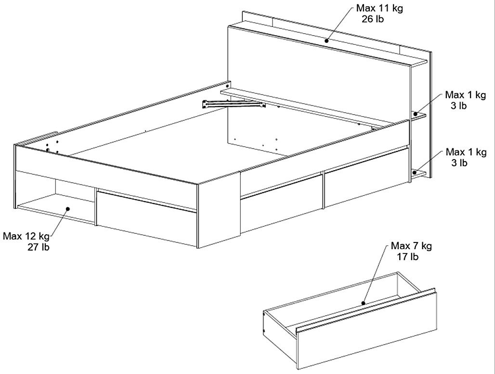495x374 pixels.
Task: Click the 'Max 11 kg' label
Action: [x=379, y=8]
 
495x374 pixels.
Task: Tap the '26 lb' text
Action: [x=373, y=19]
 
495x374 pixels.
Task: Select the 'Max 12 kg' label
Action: [x=26, y=236]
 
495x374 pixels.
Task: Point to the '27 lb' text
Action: [x=39, y=247]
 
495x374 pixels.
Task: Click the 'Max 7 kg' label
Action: [x=411, y=245]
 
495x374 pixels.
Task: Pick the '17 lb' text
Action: [x=407, y=256]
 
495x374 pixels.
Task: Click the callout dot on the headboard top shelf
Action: [x=327, y=41]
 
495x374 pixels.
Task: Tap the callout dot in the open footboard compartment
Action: [x=67, y=209]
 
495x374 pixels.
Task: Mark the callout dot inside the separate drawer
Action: [x=364, y=303]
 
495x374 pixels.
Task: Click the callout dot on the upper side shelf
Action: [x=416, y=114]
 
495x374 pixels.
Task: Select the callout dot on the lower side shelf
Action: [x=415, y=172]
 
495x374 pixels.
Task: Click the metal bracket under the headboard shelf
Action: [x=234, y=104]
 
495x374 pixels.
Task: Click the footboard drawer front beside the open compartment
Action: [x=146, y=218]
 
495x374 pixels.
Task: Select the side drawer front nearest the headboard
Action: [x=367, y=183]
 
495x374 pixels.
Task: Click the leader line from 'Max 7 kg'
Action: [x=375, y=274]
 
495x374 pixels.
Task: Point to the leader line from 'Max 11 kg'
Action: [x=340, y=24]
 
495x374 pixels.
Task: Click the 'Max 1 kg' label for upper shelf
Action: [x=465, y=95]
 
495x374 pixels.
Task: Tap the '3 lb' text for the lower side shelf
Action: [x=459, y=163]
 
